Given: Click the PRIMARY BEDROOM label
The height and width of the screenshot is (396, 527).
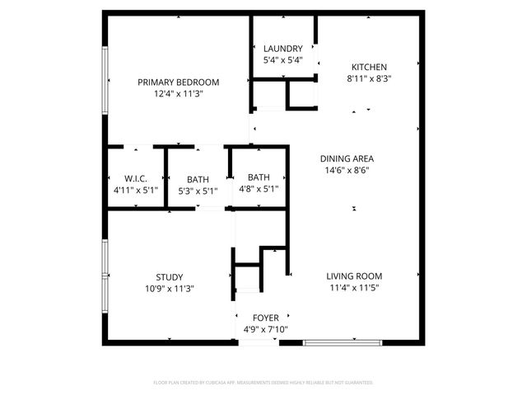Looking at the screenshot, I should [178, 82].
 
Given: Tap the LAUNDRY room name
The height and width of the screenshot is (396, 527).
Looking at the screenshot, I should [282, 49].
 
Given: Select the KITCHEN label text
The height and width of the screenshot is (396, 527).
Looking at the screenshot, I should [369, 68].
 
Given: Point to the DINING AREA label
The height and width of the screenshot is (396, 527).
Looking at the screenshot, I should [347, 158].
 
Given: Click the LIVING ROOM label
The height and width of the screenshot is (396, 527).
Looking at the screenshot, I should [354, 276].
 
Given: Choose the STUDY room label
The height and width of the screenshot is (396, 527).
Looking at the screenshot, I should [170, 277].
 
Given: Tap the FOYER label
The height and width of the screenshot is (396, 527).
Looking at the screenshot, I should [265, 318].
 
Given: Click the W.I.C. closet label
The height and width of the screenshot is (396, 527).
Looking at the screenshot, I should [136, 179].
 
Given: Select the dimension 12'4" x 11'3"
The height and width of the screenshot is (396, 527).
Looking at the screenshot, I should [178, 94].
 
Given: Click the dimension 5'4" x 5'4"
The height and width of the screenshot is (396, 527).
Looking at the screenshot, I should [282, 60].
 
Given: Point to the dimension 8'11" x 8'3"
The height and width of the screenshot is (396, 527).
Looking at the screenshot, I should [369, 79].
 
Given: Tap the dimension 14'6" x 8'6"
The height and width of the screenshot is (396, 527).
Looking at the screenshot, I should [347, 171].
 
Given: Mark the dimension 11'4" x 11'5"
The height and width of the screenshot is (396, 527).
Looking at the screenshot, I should [354, 288].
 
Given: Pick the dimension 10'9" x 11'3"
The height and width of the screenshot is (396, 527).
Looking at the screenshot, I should [170, 289].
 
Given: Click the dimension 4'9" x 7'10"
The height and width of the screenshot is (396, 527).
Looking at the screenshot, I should [265, 329].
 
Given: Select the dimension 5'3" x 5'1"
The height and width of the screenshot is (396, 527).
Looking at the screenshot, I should [198, 191].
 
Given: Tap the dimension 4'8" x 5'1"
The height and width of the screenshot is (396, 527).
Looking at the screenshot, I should [259, 188].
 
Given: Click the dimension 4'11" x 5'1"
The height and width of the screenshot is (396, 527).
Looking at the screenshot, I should [136, 191].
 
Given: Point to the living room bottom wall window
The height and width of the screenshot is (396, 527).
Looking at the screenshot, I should [343, 341].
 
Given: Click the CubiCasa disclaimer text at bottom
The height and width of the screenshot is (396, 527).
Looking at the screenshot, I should [263, 383].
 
